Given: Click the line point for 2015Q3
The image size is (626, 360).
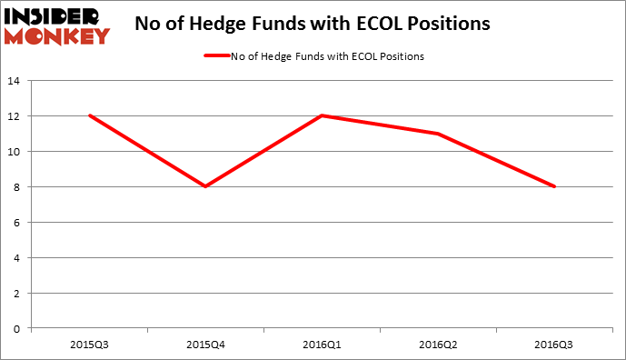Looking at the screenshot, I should pos(89,115).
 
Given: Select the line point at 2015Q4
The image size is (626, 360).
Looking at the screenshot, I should pos(205,186).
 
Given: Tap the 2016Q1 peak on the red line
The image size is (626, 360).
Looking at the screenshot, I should pos(322,115).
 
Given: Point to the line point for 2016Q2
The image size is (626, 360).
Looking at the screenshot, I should pos(438,134).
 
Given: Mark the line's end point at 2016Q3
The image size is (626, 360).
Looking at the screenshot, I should pos(554,186).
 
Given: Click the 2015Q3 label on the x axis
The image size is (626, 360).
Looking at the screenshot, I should pos(89,345).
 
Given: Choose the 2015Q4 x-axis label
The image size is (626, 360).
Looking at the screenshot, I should pos(205,345).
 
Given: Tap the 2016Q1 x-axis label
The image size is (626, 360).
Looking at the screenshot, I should pos(322,345).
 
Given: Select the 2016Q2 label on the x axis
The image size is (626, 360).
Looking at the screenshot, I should pos(438,345).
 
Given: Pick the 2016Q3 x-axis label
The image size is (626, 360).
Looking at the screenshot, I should pos(554,345).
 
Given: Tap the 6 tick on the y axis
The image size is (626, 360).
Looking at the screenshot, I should pos(18,223).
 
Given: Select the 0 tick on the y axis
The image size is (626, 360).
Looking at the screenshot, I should pos(18,328).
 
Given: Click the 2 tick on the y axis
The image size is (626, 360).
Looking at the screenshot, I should pos(18,293).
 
